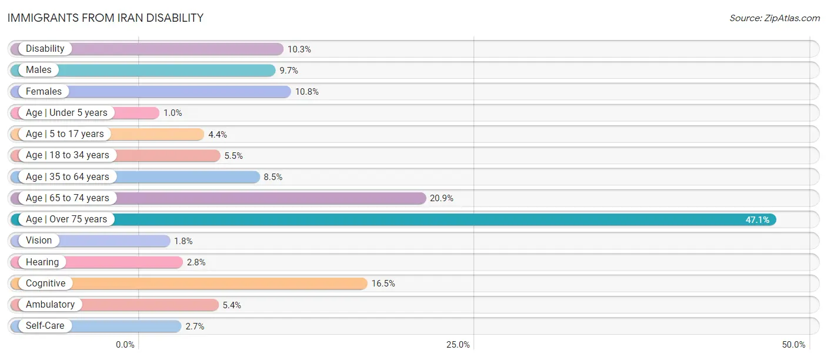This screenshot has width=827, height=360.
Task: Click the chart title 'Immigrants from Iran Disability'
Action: pos(106,18)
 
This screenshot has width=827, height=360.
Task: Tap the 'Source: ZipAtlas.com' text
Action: pos(775,18)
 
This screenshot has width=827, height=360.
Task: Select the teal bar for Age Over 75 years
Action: pos(393,219)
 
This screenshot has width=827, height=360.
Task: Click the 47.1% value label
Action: pos(757,220)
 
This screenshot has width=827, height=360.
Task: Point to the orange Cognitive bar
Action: pos(189,283)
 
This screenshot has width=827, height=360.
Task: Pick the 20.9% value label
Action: pos(442,198)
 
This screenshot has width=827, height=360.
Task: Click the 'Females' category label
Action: pos(44,92)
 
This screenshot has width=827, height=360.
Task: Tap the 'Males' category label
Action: pos(38,70)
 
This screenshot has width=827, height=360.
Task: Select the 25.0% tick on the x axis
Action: pos(458,345)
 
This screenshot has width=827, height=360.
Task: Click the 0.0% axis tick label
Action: pos(125,345)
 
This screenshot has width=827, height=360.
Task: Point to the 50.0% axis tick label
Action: pos(793,345)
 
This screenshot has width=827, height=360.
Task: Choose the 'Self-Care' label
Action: pos(45,326)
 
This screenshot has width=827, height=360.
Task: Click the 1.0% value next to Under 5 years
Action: pos(173,113)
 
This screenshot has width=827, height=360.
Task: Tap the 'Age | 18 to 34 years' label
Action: pos(68,155)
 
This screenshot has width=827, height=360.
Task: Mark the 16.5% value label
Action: pos(384,284)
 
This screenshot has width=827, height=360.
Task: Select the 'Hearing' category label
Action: pos(42,262)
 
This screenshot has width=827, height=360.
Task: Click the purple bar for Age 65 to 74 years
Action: pos(218,198)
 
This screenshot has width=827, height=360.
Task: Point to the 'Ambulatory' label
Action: pos(50,305)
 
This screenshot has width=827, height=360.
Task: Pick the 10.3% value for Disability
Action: pos(299,49)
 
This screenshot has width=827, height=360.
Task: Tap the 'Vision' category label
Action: pos(39,241)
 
